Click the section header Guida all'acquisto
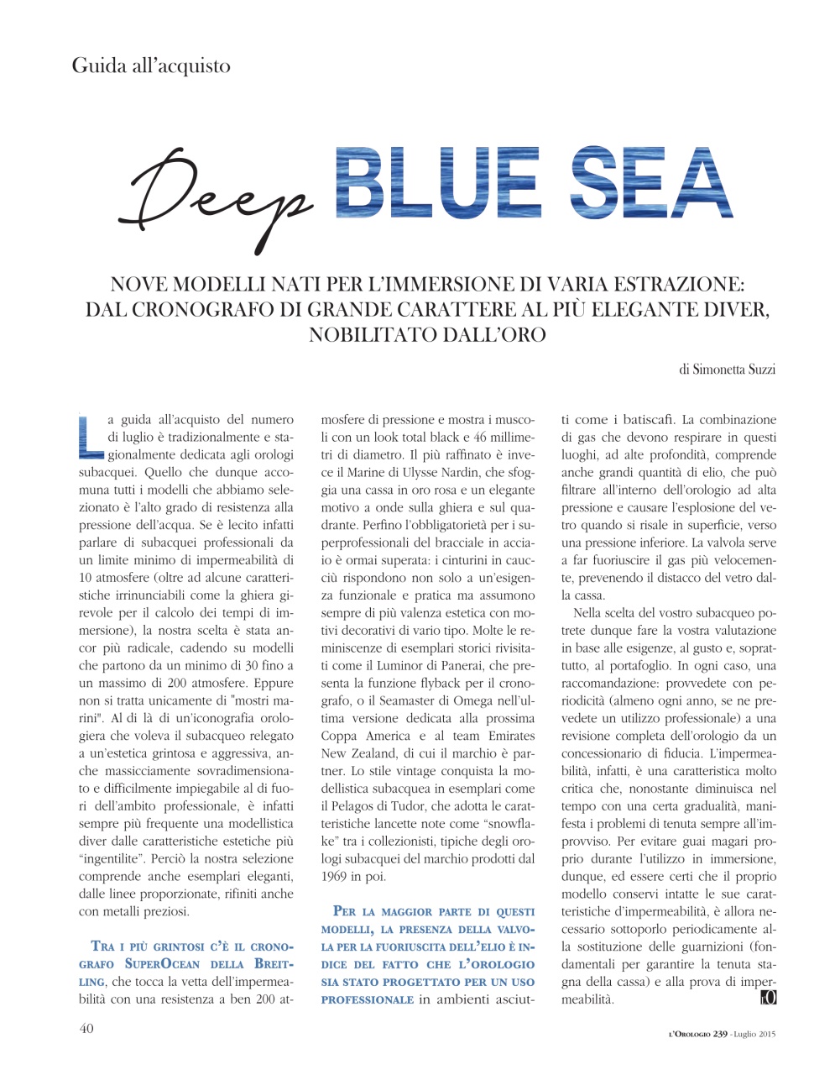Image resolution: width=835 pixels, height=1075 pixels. (151, 66)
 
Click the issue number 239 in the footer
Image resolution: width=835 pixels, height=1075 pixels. (720, 1033)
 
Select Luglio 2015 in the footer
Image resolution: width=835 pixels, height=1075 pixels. (755, 1033)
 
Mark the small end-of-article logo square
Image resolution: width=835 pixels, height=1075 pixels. (768, 998)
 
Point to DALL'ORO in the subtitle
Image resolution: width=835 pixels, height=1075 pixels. (483, 335)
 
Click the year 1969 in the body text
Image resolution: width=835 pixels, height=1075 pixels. (336, 877)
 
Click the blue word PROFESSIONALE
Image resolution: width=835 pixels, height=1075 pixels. (368, 999)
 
